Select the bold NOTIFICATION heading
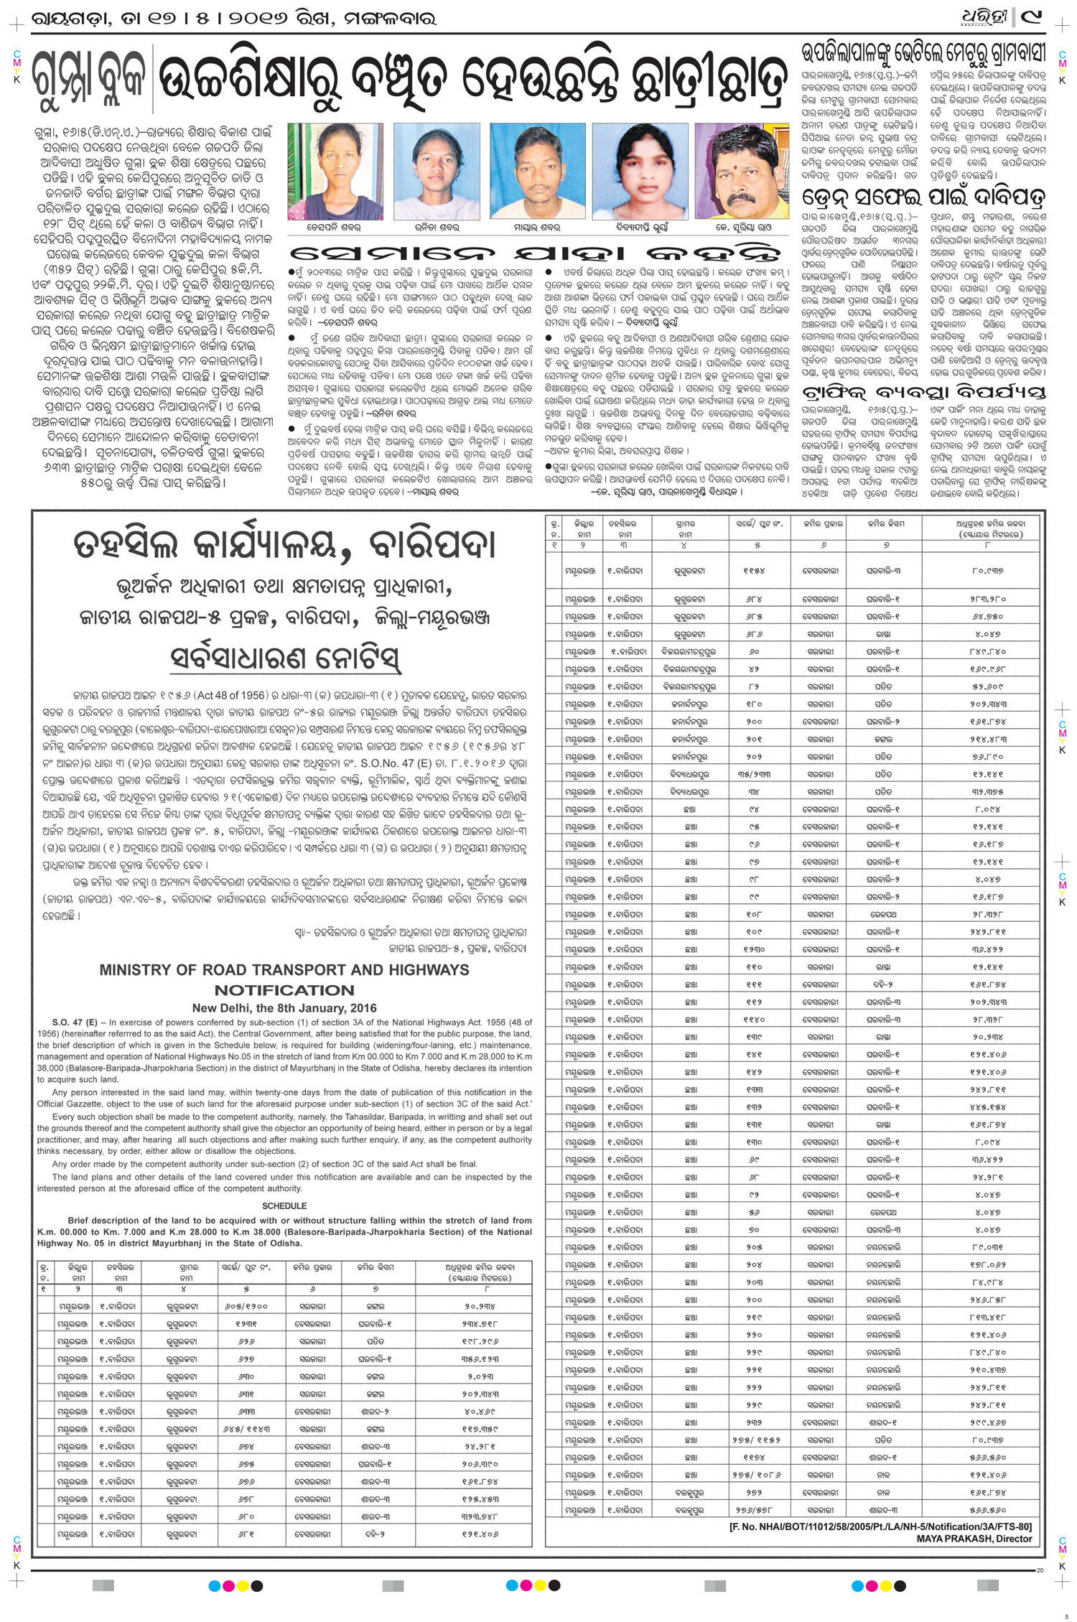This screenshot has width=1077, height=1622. [x=284, y=990]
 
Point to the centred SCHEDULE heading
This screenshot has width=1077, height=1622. [x=284, y=1206]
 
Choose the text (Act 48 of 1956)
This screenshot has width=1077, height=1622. [x=229, y=696]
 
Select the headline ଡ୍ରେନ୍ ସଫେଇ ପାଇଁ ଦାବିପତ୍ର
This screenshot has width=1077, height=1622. [x=923, y=197]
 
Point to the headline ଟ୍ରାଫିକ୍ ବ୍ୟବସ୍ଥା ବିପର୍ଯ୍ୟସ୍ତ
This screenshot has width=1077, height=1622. [x=923, y=392]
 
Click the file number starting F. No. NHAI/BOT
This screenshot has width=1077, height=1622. [x=880, y=1527]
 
